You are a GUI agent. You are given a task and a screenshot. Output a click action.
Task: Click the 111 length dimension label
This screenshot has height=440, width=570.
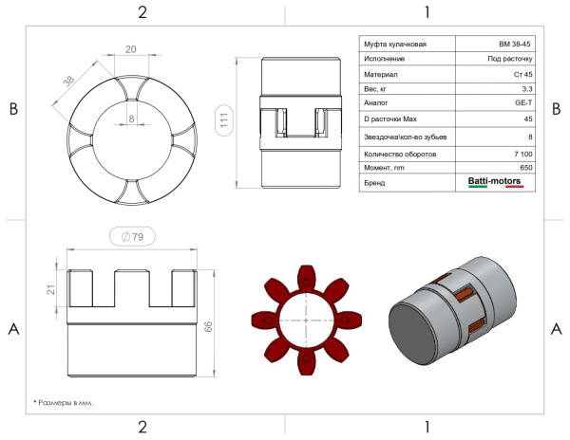(224, 120)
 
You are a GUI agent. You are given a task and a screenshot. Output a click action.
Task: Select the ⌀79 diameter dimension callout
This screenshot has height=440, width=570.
(132, 236)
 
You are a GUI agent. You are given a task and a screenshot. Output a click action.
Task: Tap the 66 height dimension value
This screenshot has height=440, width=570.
(208, 326)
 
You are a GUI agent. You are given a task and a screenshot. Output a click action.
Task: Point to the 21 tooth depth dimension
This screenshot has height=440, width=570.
(51, 289)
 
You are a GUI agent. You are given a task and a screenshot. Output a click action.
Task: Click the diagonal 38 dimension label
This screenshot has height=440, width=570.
(68, 81)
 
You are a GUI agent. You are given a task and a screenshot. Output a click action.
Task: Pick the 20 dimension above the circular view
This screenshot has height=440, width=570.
(131, 49)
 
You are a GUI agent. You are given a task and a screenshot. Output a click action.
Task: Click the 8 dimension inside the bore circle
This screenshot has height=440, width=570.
(132, 119)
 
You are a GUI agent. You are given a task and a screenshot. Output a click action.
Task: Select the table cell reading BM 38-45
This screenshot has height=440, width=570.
(515, 45)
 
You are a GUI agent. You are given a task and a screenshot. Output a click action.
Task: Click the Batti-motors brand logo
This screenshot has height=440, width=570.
(494, 181)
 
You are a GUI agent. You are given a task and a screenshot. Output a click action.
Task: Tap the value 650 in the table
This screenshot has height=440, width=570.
(526, 168)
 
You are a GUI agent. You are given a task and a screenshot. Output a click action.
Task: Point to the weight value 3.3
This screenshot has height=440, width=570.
(527, 89)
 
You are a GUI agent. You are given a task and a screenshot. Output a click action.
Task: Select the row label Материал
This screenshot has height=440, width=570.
(381, 74)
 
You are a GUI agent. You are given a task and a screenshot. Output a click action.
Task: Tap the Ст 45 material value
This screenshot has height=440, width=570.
(523, 74)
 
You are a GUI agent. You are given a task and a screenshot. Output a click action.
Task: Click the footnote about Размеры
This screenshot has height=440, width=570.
(64, 402)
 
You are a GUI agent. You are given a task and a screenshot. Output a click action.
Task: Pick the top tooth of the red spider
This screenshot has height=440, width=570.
(307, 277)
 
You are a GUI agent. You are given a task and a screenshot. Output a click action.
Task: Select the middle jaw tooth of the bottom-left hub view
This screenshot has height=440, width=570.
(132, 288)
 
